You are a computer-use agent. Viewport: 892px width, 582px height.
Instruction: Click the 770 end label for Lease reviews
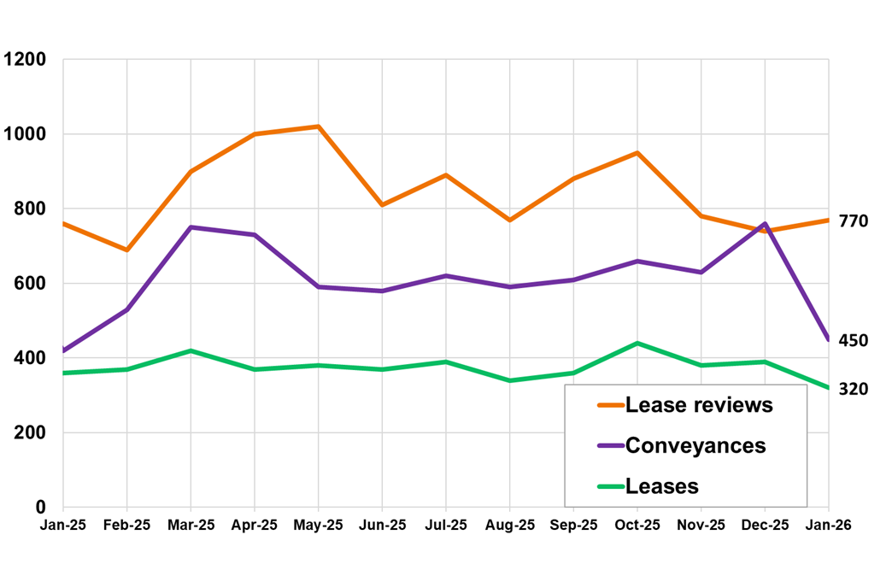853,221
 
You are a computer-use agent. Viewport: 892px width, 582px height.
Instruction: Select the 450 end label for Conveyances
853,341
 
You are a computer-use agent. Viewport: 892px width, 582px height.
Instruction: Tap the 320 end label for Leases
853,389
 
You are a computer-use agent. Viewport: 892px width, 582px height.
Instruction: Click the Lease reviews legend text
699,405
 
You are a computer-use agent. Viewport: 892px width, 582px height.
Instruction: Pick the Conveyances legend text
695,445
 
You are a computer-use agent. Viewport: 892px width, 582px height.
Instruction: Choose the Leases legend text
662,486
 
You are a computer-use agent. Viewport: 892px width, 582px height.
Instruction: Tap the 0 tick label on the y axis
41,508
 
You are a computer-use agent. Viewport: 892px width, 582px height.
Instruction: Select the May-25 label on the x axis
318,525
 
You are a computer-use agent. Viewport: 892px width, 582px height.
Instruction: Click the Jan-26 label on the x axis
828,525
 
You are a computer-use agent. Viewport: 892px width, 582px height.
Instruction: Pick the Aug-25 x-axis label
509,525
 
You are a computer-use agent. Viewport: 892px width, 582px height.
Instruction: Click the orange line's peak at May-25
318,126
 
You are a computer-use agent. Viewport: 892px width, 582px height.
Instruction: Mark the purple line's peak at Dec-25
765,224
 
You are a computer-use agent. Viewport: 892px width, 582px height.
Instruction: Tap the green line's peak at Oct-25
637,344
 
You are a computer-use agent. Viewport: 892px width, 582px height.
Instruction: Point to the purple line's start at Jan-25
64,350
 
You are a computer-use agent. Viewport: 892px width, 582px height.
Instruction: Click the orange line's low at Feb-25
127,250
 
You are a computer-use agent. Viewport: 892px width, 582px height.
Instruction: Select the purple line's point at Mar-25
191,227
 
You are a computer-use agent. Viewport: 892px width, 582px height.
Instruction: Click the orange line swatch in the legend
610,405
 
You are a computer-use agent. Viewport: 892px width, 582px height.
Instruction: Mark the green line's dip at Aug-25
509,380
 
